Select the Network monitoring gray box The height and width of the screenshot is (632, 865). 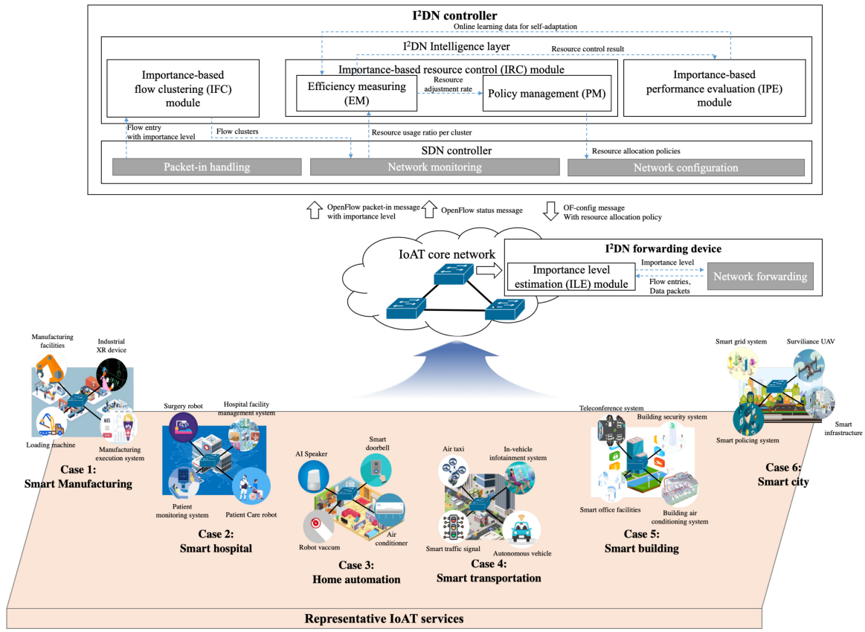[x=434, y=167]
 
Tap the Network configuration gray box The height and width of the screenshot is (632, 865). [x=685, y=167]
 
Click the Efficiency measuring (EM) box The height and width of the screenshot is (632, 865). [x=357, y=93]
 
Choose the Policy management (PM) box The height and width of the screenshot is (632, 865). [x=547, y=93]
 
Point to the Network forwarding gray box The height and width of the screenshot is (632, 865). [x=759, y=276]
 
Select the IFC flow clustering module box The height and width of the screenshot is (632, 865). [x=182, y=88]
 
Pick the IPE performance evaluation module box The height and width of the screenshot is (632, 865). [x=713, y=88]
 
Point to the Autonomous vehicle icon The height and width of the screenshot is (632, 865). [x=521, y=529]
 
